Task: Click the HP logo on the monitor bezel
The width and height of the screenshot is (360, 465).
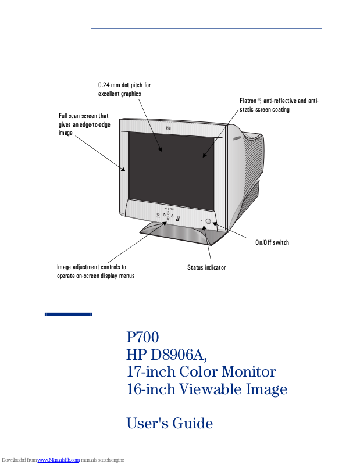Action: pyautogui.click(x=167, y=127)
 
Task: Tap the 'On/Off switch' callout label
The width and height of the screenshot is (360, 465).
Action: pyautogui.click(x=272, y=242)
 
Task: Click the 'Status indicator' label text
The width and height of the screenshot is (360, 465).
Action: pyautogui.click(x=206, y=267)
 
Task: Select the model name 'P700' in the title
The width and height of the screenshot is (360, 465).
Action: pyautogui.click(x=142, y=337)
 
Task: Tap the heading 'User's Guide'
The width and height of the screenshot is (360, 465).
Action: pyautogui.click(x=169, y=423)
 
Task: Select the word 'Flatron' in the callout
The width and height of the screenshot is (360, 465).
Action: pyautogui.click(x=249, y=101)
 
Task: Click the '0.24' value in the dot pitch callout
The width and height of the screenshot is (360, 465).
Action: pyautogui.click(x=104, y=85)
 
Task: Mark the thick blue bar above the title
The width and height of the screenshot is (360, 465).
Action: pyautogui.click(x=69, y=314)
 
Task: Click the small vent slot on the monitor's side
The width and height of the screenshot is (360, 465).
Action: pyautogui.click(x=236, y=140)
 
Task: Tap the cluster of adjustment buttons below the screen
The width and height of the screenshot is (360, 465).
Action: pyautogui.click(x=168, y=216)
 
